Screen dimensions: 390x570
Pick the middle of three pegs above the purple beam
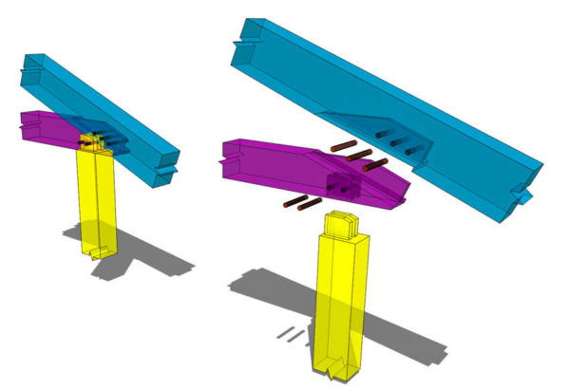tap(359, 154)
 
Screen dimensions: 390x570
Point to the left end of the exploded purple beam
tap(228, 157)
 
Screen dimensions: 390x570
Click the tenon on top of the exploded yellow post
tap(342, 225)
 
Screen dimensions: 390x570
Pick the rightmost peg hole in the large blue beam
tap(411, 148)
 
